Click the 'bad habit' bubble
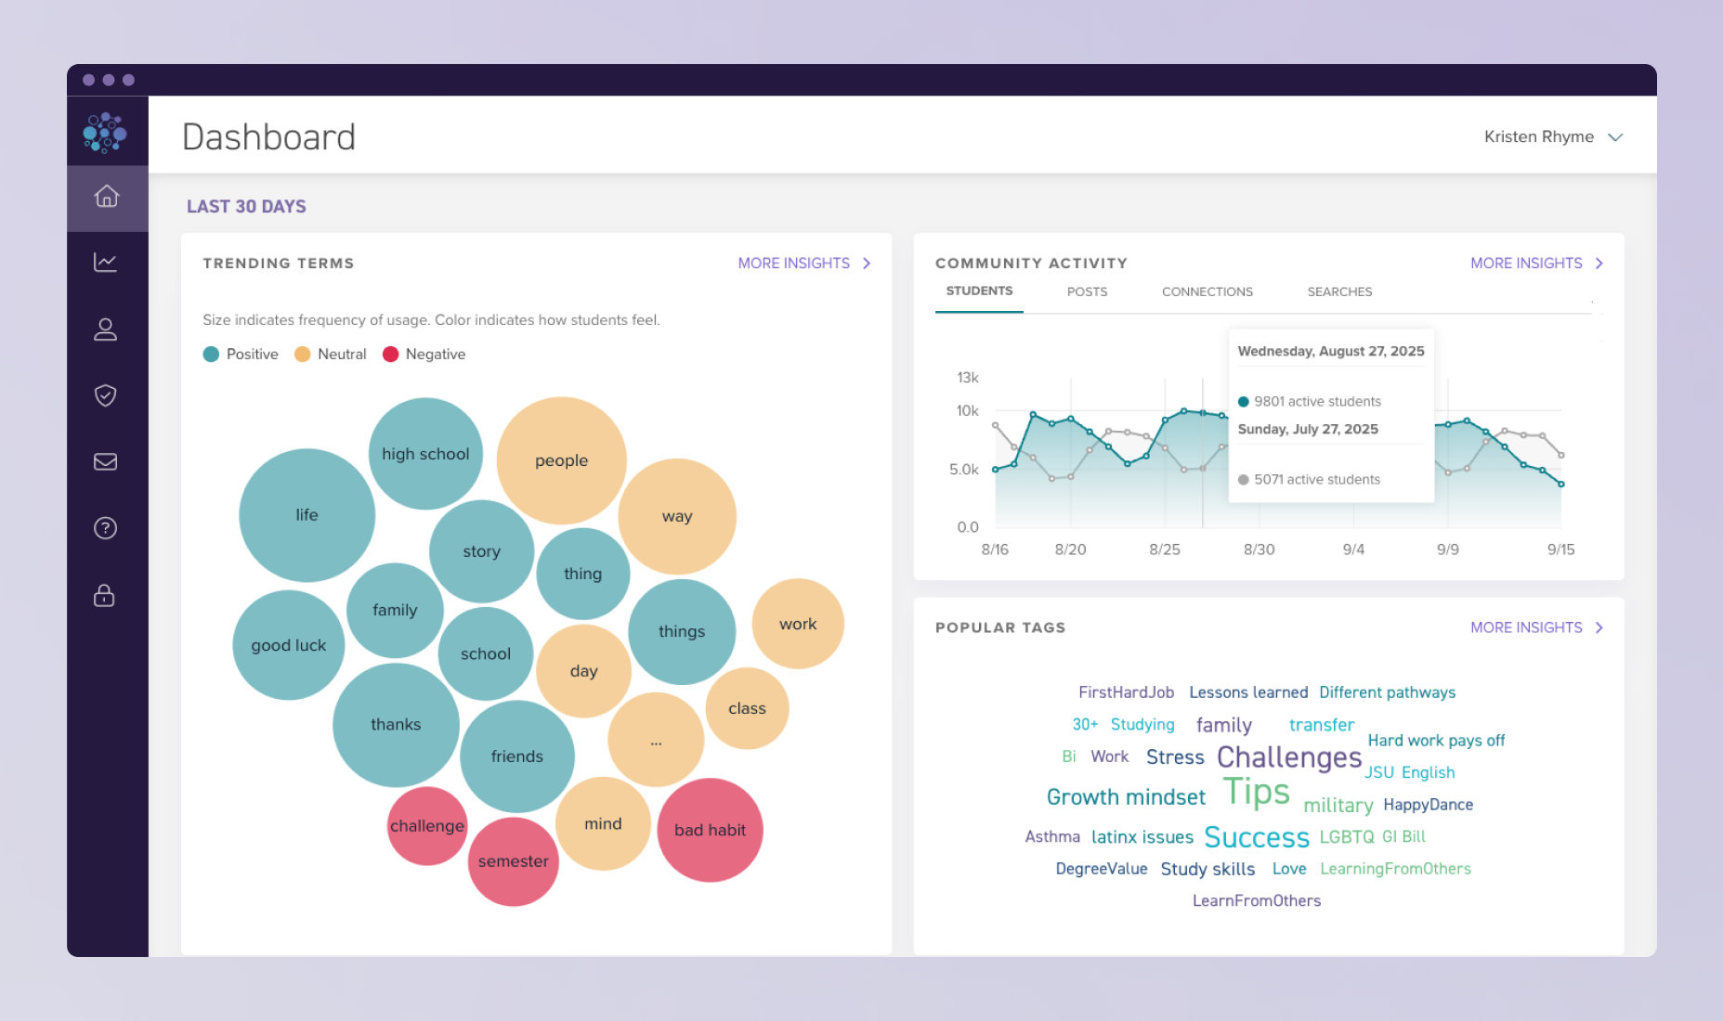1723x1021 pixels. point(710,830)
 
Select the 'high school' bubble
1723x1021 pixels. point(425,454)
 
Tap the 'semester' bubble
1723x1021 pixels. point(513,861)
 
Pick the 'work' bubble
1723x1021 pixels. point(798,624)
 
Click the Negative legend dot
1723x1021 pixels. point(390,355)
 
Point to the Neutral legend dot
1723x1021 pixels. point(302,355)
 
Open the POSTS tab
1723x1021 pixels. point(1087,291)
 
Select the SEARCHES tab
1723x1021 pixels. point(1339,291)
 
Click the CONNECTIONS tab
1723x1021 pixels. point(1207,291)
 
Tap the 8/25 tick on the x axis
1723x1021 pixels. point(1165,549)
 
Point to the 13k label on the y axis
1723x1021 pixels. point(967,378)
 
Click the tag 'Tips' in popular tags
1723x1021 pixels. point(1256,792)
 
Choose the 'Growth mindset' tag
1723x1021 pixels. point(1126,797)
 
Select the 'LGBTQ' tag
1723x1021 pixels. point(1346,836)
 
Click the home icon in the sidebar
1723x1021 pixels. point(107,197)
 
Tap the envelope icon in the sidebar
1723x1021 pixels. point(106,461)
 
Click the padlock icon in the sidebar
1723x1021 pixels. point(105,595)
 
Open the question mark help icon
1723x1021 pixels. point(106,528)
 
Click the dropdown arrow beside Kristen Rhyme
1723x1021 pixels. point(1615,137)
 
